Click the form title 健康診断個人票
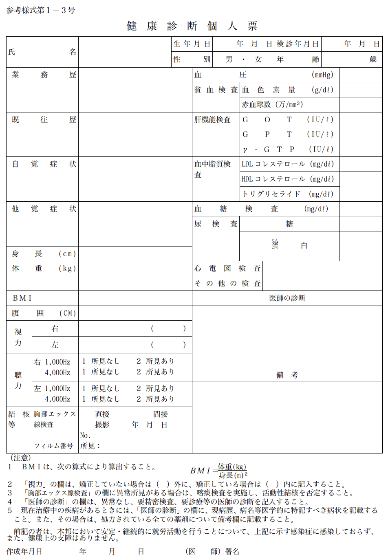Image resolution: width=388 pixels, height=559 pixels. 192,26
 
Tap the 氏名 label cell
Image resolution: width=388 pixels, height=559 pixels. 42,52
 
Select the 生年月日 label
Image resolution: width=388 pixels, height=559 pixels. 192,44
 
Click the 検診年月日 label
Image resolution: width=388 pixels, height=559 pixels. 298,44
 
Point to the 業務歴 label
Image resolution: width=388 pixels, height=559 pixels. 42,75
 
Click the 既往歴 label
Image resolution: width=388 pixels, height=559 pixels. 42,120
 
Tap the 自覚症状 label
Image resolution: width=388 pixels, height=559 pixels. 42,164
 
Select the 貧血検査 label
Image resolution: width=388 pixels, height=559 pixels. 216,90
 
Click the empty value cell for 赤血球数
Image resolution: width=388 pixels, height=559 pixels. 361,105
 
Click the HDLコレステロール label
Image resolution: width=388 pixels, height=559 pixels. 288,179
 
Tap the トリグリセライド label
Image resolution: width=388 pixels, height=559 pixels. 288,194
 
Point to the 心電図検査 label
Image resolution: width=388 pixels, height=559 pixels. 227,268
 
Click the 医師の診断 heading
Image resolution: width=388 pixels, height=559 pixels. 287,298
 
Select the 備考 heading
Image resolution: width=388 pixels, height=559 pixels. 287,375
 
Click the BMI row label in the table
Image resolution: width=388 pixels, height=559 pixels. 22,298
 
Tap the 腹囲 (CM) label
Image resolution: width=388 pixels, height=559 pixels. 42,313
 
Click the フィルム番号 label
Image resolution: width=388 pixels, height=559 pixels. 53,446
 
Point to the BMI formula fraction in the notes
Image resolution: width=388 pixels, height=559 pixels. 232,471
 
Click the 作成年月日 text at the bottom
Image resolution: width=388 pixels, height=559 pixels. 24,552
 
